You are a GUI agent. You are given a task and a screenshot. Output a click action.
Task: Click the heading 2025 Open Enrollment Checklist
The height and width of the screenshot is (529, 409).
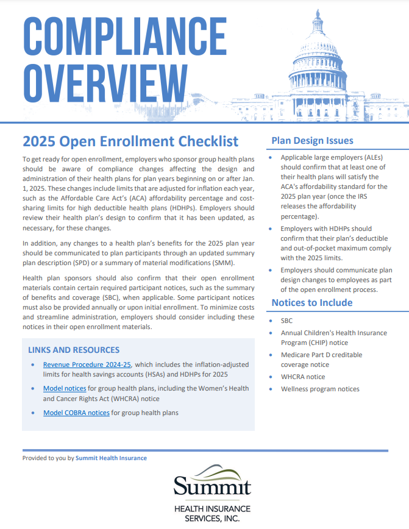coord(130,141)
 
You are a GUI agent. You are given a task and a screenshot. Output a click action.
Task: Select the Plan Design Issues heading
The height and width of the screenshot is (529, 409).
coord(312,140)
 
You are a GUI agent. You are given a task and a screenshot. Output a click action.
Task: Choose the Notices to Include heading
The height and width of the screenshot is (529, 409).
coord(311,302)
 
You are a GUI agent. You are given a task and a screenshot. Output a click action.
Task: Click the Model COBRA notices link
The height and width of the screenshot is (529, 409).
coord(76,413)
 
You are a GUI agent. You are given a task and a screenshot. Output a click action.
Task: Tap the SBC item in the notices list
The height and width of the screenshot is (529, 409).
coord(287,321)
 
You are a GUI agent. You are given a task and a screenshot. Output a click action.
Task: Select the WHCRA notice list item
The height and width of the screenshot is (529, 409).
coord(303,377)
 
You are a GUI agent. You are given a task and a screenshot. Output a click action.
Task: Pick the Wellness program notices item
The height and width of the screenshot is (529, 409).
coord(320,389)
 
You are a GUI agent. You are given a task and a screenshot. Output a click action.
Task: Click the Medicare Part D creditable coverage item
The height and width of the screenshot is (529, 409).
coord(321,360)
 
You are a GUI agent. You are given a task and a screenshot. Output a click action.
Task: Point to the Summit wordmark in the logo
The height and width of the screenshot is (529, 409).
coord(212,488)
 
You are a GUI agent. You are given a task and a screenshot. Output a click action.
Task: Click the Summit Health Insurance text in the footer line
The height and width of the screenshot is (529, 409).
coord(111,458)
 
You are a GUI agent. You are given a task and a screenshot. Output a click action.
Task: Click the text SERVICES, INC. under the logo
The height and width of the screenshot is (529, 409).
coord(212,518)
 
